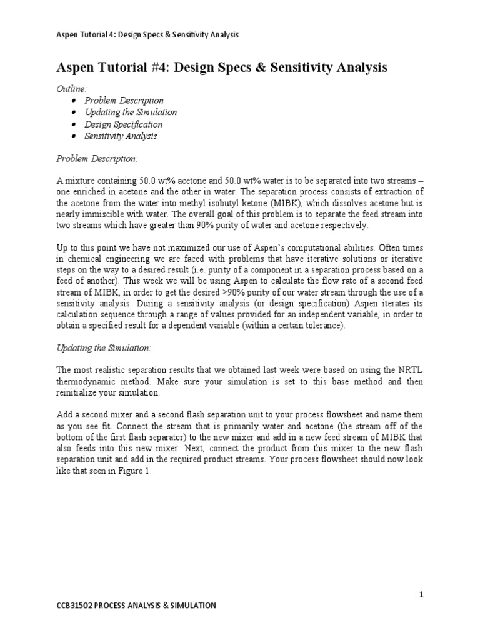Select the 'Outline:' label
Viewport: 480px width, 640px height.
tap(69, 89)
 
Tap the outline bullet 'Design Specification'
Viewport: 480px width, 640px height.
tap(124, 124)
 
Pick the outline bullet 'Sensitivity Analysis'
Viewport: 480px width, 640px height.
tap(121, 136)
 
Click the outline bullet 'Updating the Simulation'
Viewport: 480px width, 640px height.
tap(131, 112)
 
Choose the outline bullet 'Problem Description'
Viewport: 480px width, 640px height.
tap(124, 100)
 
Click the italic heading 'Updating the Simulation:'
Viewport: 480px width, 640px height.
tap(104, 347)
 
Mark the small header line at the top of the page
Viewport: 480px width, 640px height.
tap(147, 34)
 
